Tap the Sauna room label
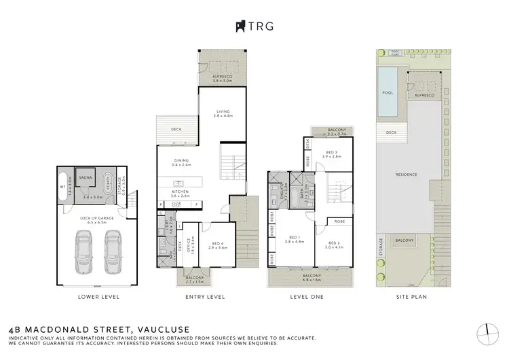86,175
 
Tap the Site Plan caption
411,297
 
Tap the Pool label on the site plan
388,93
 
